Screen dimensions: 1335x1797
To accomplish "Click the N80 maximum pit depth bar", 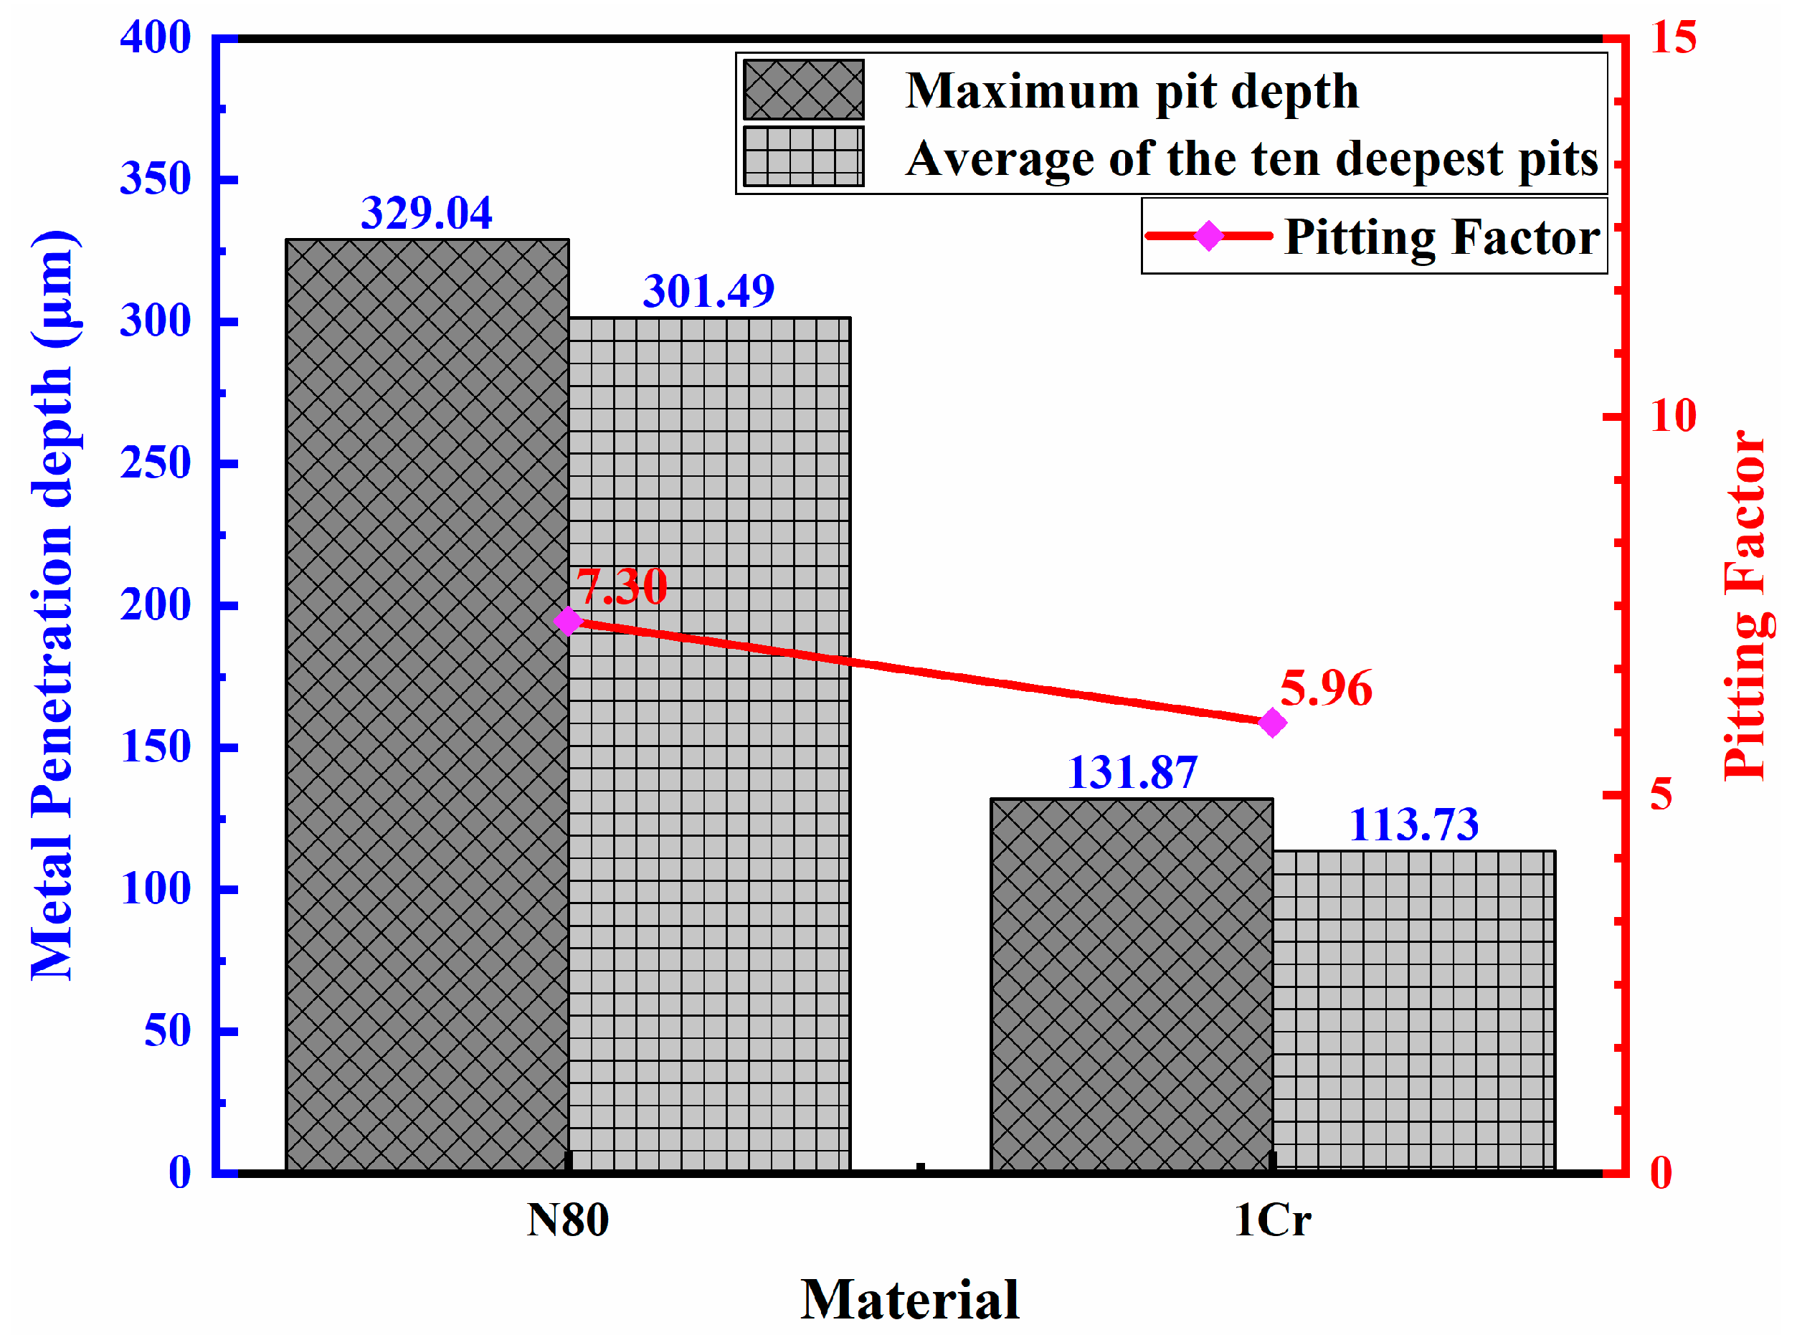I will (427, 703).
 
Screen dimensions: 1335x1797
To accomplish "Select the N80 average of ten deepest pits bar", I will (708, 743).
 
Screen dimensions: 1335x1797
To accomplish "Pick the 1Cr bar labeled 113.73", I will (1413, 1010).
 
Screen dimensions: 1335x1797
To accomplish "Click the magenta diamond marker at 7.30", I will (568, 622).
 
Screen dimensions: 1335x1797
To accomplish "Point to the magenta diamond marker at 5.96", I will (1273, 723).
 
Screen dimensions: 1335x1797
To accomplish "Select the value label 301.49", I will (708, 291).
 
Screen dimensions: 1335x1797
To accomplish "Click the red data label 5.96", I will (1326, 688).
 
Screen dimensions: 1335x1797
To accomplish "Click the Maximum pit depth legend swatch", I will (803, 90).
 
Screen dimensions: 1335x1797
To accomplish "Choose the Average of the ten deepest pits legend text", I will (1251, 158).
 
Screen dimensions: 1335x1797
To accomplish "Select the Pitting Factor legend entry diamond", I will (1209, 236).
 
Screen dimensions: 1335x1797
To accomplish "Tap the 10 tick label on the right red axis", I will (1672, 416).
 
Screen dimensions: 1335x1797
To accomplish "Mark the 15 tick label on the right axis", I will (1672, 37).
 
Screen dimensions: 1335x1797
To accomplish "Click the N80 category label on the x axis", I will (567, 1220).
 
